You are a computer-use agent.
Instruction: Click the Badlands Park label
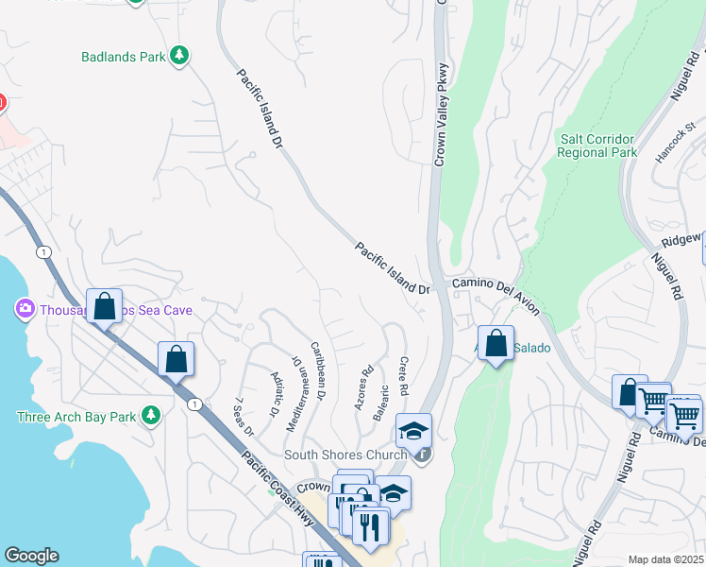[x=123, y=57]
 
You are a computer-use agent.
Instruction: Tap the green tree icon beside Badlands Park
[x=179, y=56]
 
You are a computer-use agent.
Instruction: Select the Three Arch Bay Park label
[x=76, y=417]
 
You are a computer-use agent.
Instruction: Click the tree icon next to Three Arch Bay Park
[x=149, y=415]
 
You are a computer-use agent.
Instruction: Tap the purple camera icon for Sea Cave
[x=25, y=308]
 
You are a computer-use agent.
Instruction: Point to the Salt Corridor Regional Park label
[x=598, y=146]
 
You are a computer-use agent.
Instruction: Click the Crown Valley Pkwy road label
[x=439, y=113]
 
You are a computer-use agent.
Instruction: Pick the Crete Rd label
[x=403, y=375]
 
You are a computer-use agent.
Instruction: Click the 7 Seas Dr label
[x=244, y=416]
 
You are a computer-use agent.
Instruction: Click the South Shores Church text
[x=345, y=455]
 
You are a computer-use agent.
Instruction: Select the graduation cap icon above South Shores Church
[x=413, y=431]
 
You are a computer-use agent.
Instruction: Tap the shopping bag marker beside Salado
[x=496, y=343]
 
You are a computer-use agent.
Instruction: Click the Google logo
[x=31, y=556]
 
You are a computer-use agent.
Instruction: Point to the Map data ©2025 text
[x=665, y=559]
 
